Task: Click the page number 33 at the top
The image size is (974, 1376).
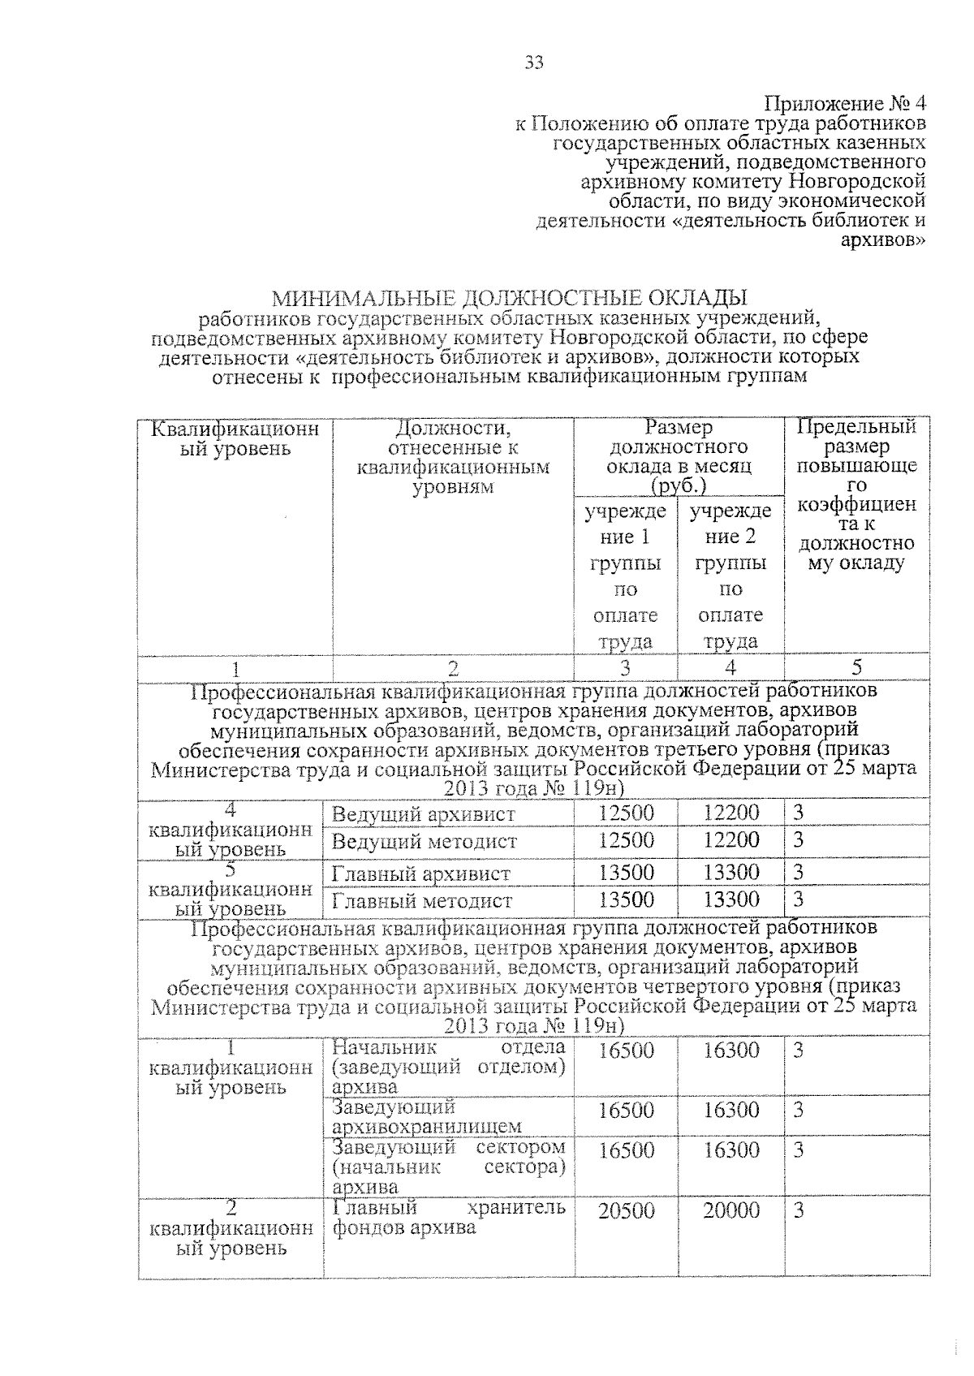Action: point(533,63)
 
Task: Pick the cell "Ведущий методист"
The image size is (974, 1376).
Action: point(424,842)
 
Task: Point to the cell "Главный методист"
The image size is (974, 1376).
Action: point(421,901)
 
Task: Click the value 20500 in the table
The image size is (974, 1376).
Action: point(626,1211)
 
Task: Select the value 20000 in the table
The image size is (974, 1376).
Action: point(730,1211)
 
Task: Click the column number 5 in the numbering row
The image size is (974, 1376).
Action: point(856,667)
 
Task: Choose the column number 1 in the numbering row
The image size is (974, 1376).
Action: point(235,669)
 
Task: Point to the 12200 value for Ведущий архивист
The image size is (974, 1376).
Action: point(730,813)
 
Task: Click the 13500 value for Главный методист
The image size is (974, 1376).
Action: point(626,900)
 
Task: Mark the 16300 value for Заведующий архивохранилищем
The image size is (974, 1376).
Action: point(730,1111)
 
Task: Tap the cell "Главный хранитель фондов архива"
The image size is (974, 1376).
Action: point(448,1218)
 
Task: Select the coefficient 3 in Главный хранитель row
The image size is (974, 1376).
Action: point(799,1211)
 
